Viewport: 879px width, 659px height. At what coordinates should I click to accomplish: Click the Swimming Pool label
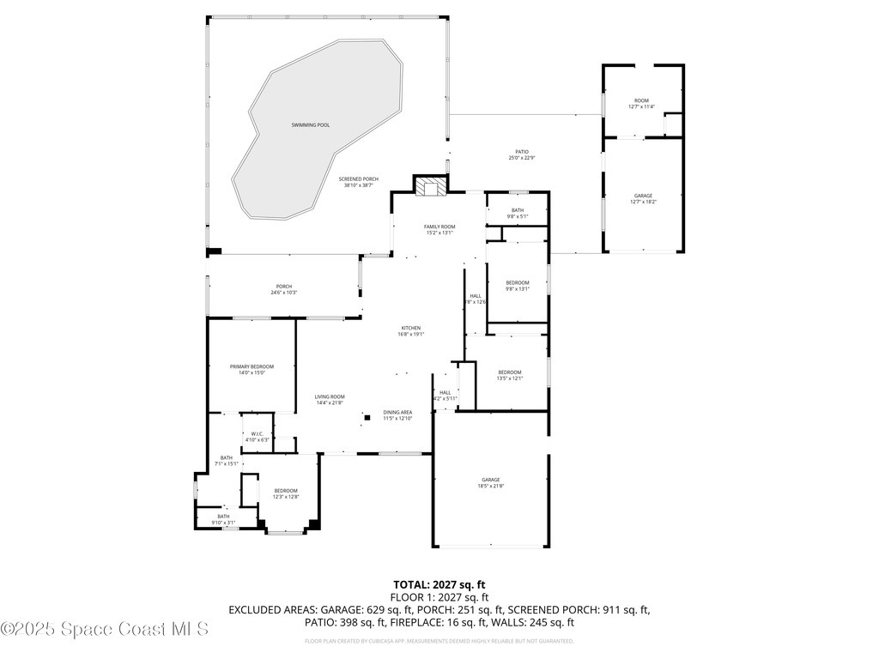coord(310,125)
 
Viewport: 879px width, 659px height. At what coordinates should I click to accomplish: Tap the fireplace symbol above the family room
coord(431,185)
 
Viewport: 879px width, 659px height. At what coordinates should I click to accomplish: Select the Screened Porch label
coord(358,182)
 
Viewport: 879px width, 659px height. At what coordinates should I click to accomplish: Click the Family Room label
coord(439,229)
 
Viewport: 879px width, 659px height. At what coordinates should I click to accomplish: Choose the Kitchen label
coord(411,330)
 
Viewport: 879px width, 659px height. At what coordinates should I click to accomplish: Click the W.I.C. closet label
coord(258,436)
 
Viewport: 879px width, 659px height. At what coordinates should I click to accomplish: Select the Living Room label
coord(330,399)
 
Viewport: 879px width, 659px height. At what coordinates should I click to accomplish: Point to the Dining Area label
coord(397,414)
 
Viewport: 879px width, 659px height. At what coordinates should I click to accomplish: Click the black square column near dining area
coord(367,417)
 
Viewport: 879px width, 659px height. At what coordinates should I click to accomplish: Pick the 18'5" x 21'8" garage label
coord(490,482)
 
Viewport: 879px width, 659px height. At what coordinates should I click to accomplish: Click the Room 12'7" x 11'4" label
coord(641,103)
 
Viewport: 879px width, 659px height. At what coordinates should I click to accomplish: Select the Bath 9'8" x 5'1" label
coord(518,213)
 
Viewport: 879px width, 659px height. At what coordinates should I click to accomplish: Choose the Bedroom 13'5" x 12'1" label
coord(510,374)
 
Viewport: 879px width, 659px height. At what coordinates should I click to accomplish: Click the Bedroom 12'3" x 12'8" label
coord(286,493)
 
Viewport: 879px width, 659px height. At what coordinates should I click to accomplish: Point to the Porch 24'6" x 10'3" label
coord(283,289)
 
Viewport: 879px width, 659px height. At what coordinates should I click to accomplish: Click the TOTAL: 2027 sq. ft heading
coord(439,584)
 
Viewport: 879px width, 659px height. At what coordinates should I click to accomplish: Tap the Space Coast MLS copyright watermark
coord(105,629)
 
